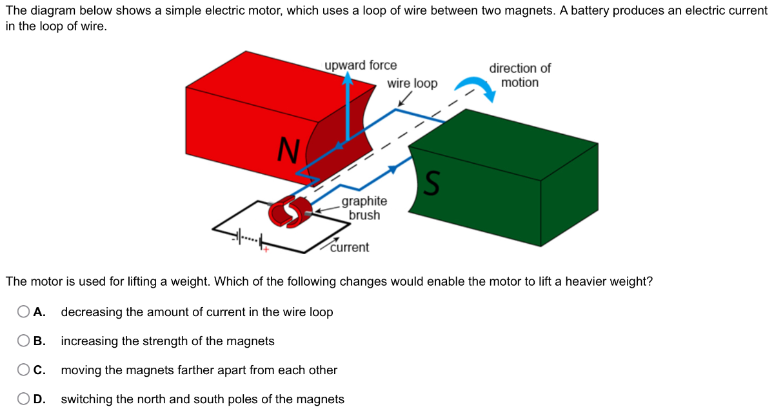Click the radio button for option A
(23, 312)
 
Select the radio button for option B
(23, 341)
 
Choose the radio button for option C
(23, 370)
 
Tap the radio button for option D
(23, 399)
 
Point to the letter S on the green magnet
(433, 183)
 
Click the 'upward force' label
(361, 66)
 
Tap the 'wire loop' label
(412, 84)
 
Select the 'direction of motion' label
(520, 75)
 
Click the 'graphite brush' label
(364, 208)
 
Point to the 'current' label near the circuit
(350, 248)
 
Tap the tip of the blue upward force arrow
(348, 76)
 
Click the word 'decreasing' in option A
(91, 312)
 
